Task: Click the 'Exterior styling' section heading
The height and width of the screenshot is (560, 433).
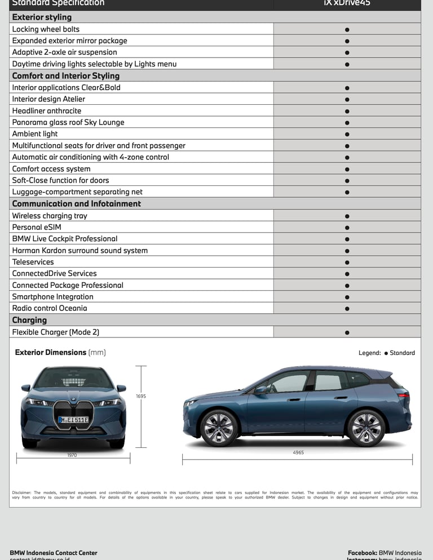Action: coord(42,17)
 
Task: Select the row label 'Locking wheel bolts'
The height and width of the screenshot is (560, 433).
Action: coord(46,29)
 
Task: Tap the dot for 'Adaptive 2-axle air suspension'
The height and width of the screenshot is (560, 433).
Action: coord(347,52)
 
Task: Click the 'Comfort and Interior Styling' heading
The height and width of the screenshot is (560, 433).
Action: coord(65,75)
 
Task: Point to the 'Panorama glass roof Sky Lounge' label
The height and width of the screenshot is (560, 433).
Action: coord(68,122)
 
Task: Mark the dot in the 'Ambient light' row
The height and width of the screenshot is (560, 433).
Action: coord(347,134)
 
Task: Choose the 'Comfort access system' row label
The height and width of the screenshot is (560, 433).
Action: coord(51,168)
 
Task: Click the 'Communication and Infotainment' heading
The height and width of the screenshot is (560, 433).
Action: coord(76,203)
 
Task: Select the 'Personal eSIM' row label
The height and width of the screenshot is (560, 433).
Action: coord(37,227)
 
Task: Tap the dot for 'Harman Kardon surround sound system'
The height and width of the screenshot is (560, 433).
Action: coord(347,251)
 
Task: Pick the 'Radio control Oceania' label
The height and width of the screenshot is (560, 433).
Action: coord(50,308)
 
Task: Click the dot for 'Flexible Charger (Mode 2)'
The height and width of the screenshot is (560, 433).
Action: coord(347,332)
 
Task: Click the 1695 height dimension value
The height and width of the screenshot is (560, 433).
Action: coord(141,396)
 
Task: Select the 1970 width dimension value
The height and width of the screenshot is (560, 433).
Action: coord(72,455)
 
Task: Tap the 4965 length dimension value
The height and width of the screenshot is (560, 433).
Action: coord(298,452)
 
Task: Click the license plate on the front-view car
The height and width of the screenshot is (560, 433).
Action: coord(73,420)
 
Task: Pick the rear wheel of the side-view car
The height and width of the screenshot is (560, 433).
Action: coord(365,428)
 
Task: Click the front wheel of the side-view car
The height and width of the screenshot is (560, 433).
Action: coord(219,428)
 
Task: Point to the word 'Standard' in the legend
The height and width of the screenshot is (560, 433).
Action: coord(402,353)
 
